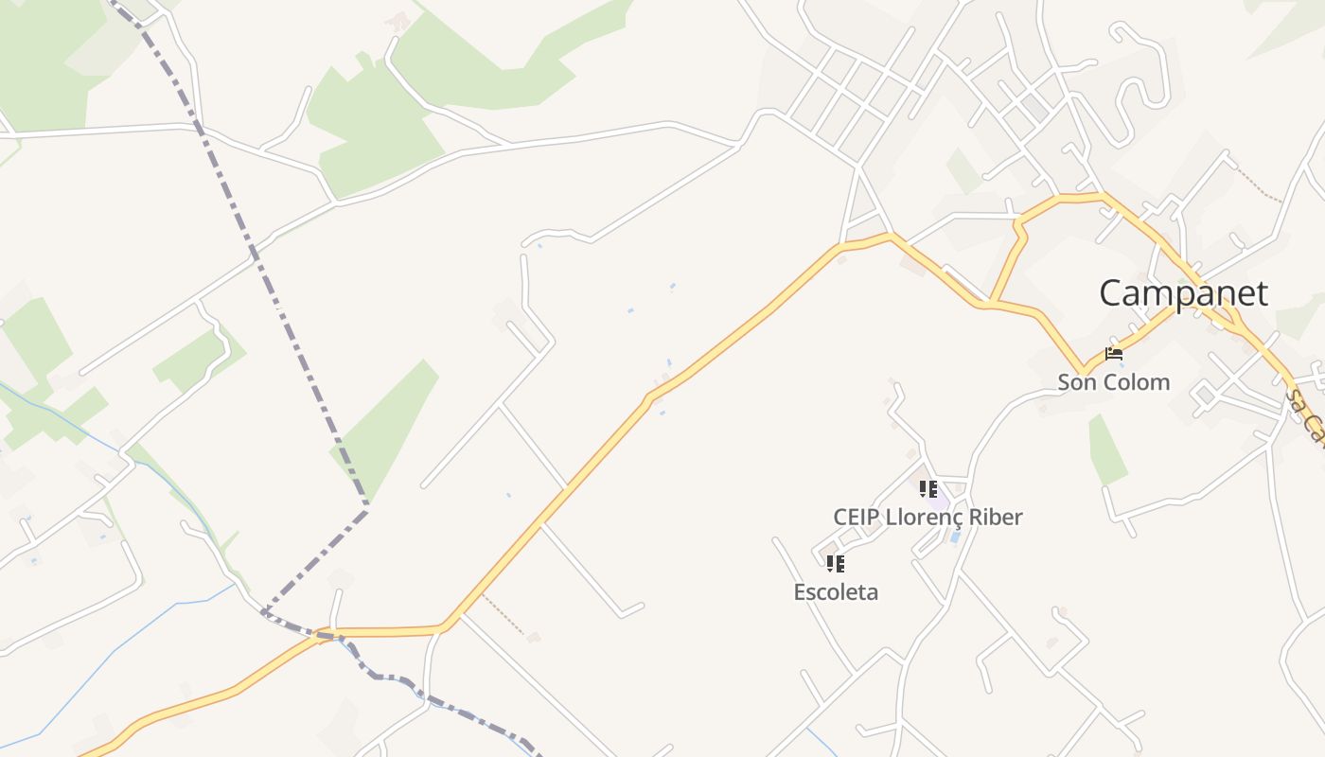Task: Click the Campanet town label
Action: click(1182, 293)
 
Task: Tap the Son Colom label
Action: click(1113, 382)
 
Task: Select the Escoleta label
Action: click(836, 592)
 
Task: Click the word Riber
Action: click(993, 518)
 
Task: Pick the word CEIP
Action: click(857, 518)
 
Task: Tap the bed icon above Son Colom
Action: click(1114, 355)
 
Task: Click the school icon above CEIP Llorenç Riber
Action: click(928, 489)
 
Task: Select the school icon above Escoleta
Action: click(835, 564)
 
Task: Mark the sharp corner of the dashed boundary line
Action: click(366, 509)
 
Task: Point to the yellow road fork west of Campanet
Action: click(991, 303)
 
